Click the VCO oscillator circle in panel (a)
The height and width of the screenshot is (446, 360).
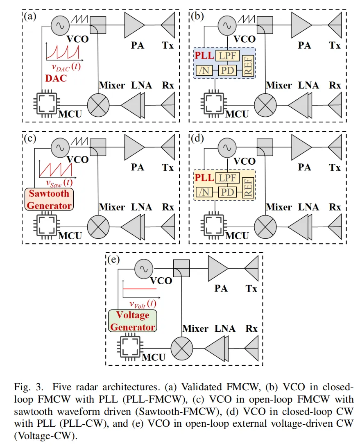click(x=60, y=25)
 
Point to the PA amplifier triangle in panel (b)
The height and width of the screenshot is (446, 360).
click(x=301, y=25)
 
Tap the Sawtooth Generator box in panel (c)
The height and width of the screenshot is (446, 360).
click(x=50, y=199)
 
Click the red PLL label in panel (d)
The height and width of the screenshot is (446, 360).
click(x=204, y=178)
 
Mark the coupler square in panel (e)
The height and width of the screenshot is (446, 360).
click(x=180, y=269)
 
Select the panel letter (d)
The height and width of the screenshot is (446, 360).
click(x=197, y=138)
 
